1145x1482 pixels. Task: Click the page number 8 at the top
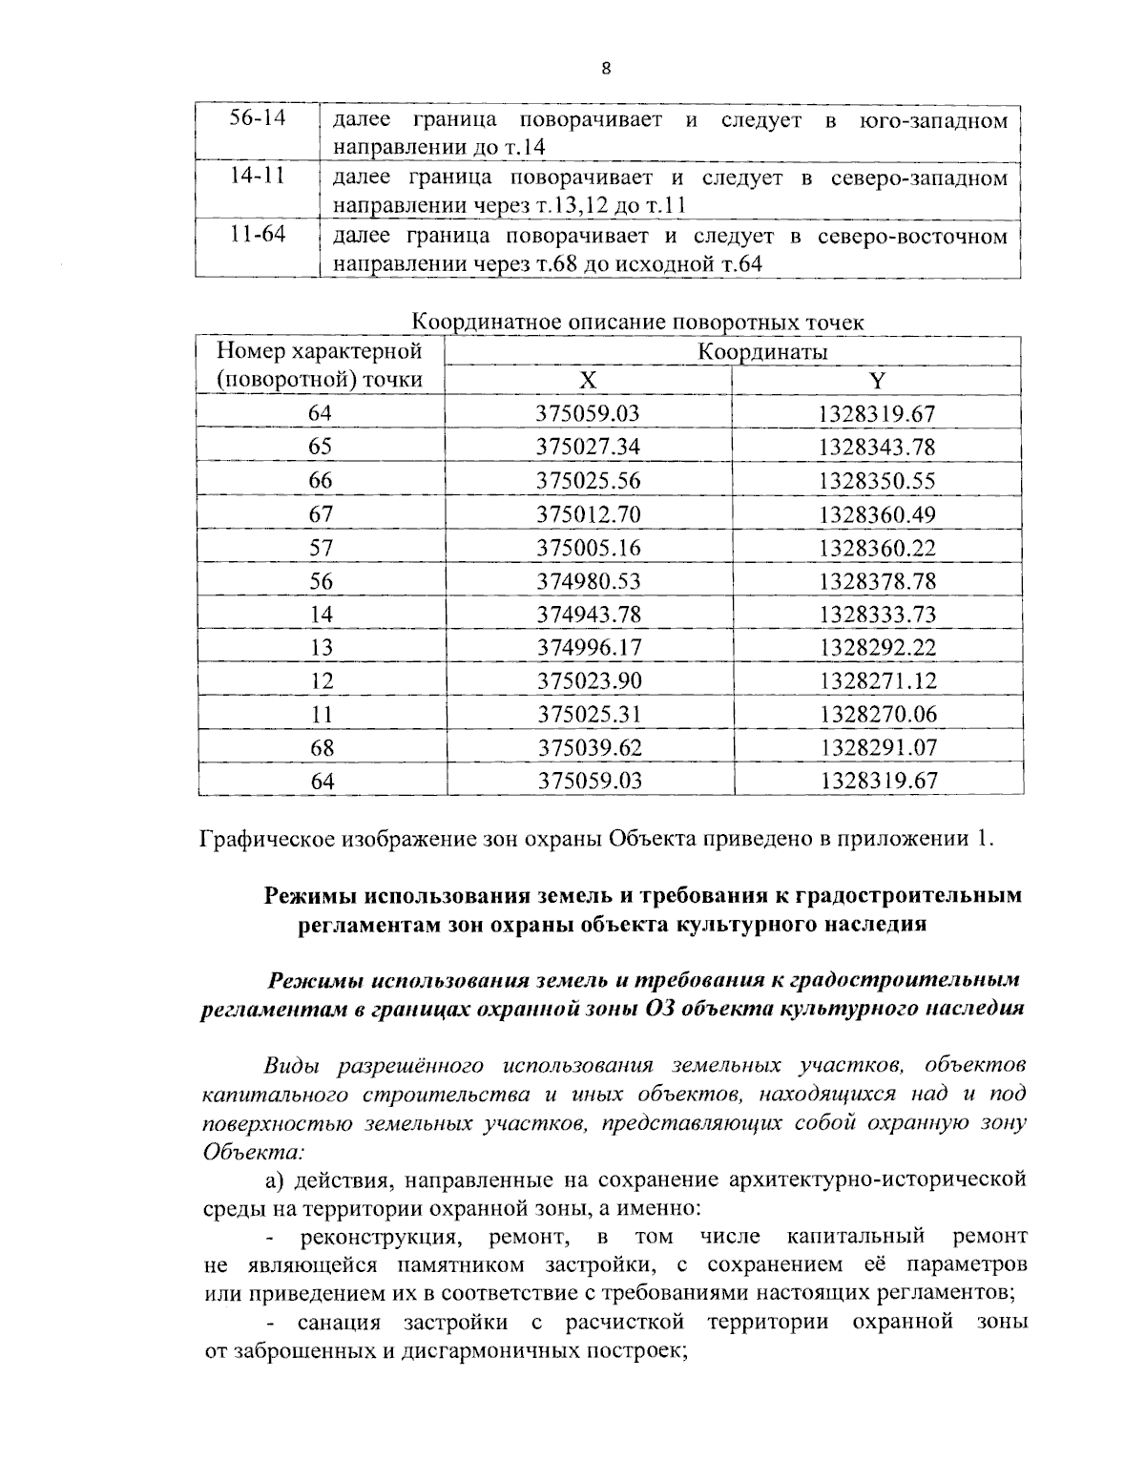pyautogui.click(x=607, y=69)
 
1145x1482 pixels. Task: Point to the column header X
pyautogui.click(x=589, y=381)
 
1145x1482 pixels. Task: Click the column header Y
pyautogui.click(x=877, y=381)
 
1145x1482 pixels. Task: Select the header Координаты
pyautogui.click(x=762, y=351)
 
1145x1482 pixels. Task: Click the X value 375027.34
pyautogui.click(x=589, y=448)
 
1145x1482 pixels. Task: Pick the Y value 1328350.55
pyautogui.click(x=877, y=481)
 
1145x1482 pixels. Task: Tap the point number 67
pyautogui.click(x=322, y=514)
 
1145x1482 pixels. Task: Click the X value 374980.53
pyautogui.click(x=589, y=581)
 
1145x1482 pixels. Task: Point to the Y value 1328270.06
pyautogui.click(x=877, y=714)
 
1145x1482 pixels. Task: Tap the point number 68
pyautogui.click(x=322, y=747)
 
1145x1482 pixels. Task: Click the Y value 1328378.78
pyautogui.click(x=877, y=581)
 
